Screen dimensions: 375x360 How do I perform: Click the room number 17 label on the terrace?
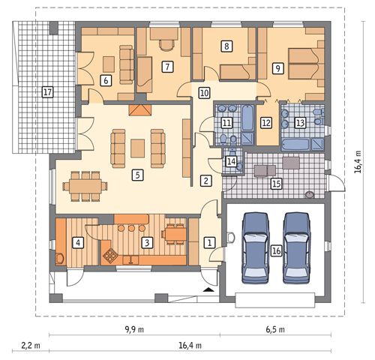[x=47, y=92]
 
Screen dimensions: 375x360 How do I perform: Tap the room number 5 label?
[x=137, y=175]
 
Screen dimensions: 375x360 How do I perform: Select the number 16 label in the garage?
[x=277, y=250]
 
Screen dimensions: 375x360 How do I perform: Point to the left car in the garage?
[x=256, y=248]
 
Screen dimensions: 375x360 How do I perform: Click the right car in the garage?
[x=297, y=248]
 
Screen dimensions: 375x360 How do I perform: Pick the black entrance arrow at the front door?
[x=209, y=289]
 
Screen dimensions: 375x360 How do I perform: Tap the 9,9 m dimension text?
[x=134, y=329]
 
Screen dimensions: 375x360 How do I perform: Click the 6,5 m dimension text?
[x=275, y=329]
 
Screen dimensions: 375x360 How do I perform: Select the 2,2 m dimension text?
[x=31, y=346]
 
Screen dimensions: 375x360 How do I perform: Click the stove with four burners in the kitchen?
[x=110, y=256]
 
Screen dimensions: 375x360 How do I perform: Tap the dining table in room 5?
[x=85, y=186]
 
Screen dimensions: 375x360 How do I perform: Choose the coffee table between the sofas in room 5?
[x=137, y=148]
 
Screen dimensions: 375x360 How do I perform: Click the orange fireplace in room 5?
[x=140, y=110]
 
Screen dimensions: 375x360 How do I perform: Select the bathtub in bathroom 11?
[x=247, y=118]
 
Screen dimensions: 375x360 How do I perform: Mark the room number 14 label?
[x=231, y=161]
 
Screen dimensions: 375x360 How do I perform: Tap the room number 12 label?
[x=266, y=123]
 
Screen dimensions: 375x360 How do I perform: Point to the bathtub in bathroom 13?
[x=295, y=145]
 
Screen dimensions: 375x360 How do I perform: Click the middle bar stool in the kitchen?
[x=131, y=228]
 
